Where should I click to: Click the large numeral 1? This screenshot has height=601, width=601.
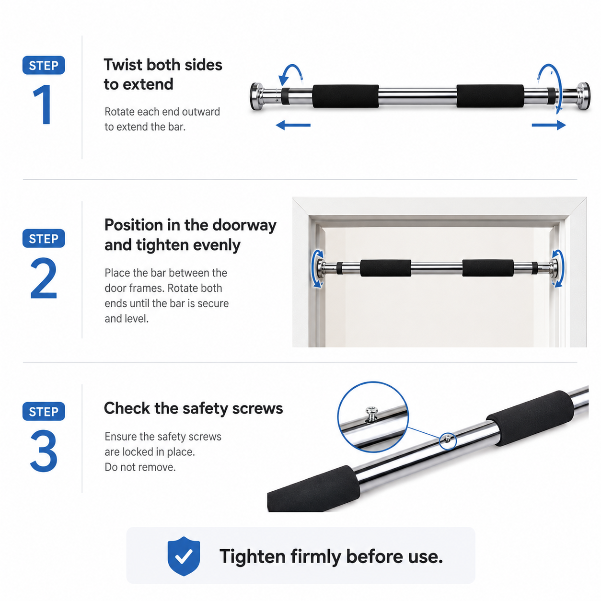pyautogui.click(x=44, y=104)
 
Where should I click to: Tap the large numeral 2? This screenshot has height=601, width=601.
pyautogui.click(x=44, y=278)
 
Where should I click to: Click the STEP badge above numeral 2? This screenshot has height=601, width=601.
pyautogui.click(x=44, y=239)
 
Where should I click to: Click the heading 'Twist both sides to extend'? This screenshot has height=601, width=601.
pyautogui.click(x=163, y=74)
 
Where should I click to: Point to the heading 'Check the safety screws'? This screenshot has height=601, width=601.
pyautogui.click(x=193, y=408)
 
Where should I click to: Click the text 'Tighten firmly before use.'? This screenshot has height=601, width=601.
pyautogui.click(x=331, y=557)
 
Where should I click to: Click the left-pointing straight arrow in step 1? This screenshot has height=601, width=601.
pyautogui.click(x=293, y=125)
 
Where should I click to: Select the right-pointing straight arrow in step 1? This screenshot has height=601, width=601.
pyautogui.click(x=549, y=125)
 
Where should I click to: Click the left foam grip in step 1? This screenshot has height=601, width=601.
pyautogui.click(x=346, y=96)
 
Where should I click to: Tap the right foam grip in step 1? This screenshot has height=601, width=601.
pyautogui.click(x=490, y=96)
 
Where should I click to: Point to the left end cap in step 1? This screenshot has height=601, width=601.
pyautogui.click(x=257, y=96)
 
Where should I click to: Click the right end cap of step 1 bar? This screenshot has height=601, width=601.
pyautogui.click(x=583, y=96)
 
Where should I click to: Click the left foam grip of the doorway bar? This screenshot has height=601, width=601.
pyautogui.click(x=385, y=268)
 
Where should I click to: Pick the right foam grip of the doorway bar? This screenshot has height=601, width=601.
pyautogui.click(x=488, y=268)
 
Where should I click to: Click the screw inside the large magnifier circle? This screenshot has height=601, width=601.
pyautogui.click(x=371, y=414)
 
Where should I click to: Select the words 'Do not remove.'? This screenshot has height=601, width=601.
pyautogui.click(x=140, y=467)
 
